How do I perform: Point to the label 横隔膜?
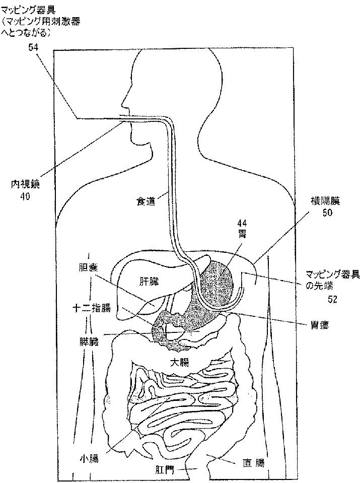[325, 201]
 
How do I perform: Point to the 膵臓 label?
[92, 340]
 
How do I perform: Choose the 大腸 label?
[179, 362]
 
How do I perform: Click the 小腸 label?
[89, 458]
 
